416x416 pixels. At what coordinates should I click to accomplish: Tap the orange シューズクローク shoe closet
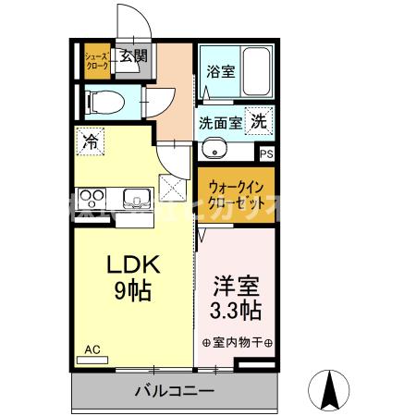(x=97, y=62)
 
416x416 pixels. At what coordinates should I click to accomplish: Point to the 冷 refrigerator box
(x=91, y=141)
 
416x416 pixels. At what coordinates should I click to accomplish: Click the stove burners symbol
(x=93, y=197)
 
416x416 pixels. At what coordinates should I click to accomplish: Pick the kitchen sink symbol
(x=135, y=197)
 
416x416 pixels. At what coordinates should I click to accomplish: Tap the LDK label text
(x=131, y=265)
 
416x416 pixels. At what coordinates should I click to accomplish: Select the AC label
(x=92, y=349)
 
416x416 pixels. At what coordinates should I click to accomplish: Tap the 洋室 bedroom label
(x=235, y=282)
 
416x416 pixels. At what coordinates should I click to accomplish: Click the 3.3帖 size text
(x=235, y=306)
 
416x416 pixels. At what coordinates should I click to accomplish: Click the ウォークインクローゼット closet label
(x=235, y=190)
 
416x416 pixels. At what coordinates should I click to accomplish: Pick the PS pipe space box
(x=266, y=155)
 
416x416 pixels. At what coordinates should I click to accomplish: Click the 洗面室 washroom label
(x=220, y=121)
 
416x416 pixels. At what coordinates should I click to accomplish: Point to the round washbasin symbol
(x=214, y=149)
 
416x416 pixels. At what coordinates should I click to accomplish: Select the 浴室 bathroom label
(x=220, y=70)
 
